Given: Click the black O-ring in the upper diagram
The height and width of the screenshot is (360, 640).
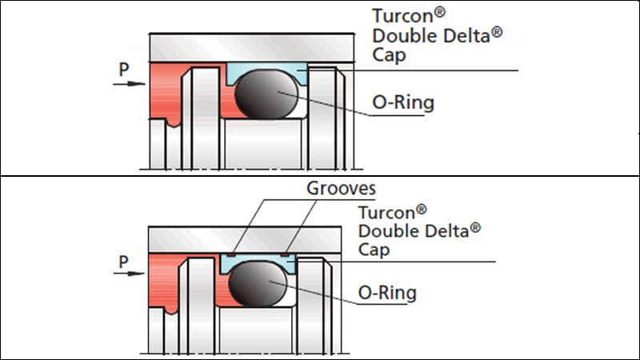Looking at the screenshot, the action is click(x=266, y=94).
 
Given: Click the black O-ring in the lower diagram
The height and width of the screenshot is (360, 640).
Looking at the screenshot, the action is click(x=258, y=284).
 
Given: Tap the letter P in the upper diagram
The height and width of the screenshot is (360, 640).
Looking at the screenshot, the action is click(x=124, y=70).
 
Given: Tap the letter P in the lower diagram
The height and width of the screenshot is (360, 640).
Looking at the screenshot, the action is click(x=123, y=262).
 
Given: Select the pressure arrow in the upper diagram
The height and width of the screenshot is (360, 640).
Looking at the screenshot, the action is click(x=129, y=84).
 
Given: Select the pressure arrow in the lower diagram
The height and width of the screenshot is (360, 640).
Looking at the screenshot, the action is click(x=129, y=273).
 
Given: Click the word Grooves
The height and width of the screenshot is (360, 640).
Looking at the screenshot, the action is click(x=342, y=188).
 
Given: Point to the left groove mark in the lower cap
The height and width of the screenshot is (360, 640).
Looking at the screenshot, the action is click(x=231, y=254).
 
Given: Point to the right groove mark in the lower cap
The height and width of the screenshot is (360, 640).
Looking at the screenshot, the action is click(x=285, y=254).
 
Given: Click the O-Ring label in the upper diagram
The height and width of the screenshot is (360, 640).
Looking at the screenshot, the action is click(x=403, y=102).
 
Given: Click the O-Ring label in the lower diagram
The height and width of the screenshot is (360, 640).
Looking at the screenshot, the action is click(x=387, y=293).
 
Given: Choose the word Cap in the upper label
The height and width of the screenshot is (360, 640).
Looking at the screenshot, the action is click(x=389, y=55).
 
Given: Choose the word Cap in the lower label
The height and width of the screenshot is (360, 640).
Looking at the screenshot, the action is click(x=374, y=250).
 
